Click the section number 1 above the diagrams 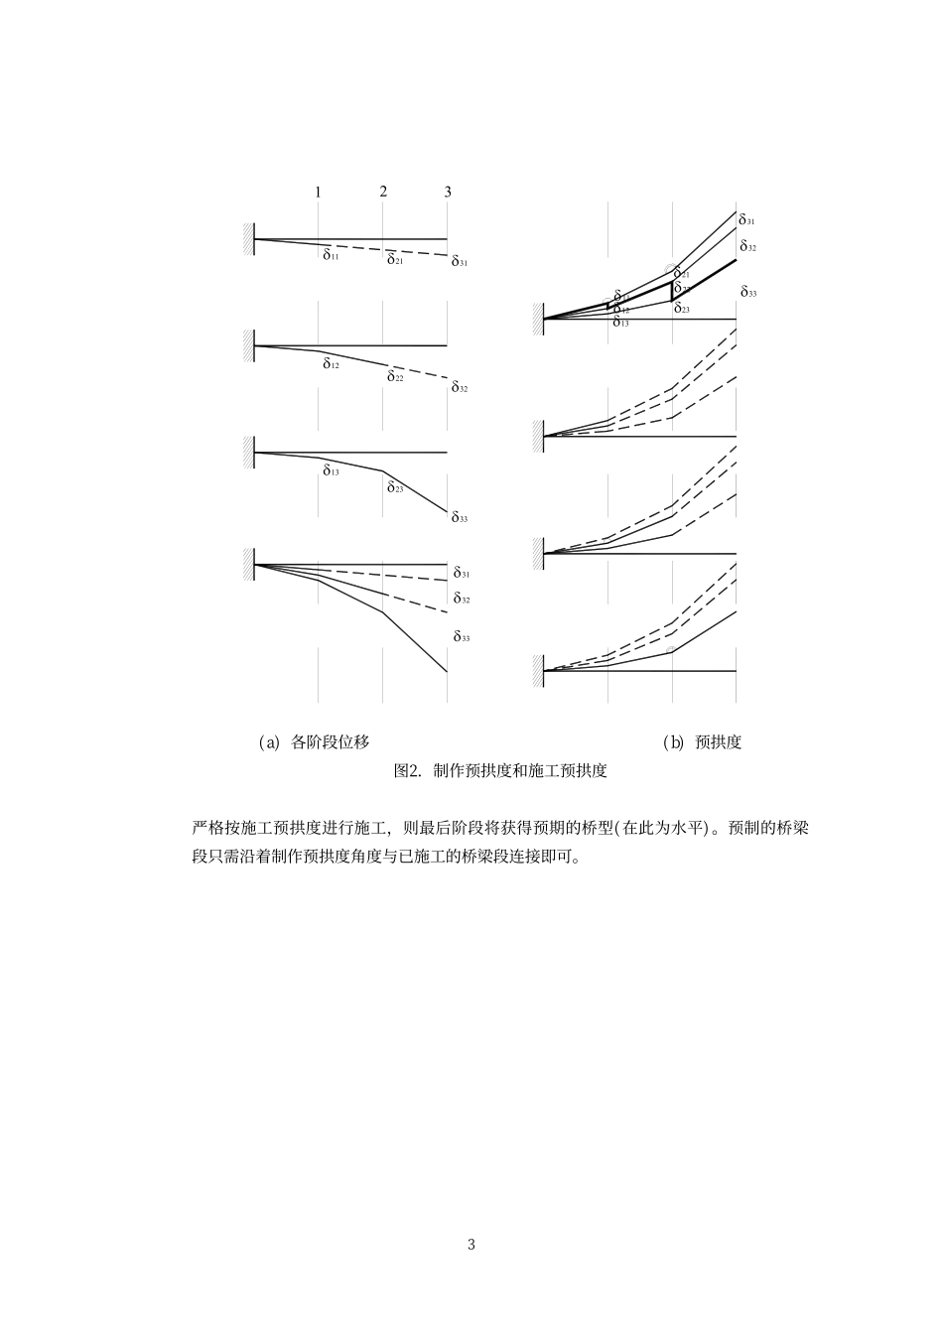pyautogui.click(x=318, y=192)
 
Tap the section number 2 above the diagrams pyautogui.click(x=383, y=191)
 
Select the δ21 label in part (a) pyautogui.click(x=394, y=260)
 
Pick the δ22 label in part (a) pyautogui.click(x=394, y=376)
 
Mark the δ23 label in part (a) pyautogui.click(x=394, y=487)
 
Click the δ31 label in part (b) pyautogui.click(x=746, y=220)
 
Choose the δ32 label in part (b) pyautogui.click(x=746, y=246)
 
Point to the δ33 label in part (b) pyautogui.click(x=747, y=293)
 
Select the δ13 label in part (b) pyautogui.click(x=620, y=323)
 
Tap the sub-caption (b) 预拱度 pyautogui.click(x=702, y=741)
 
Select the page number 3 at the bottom pyautogui.click(x=471, y=1245)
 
